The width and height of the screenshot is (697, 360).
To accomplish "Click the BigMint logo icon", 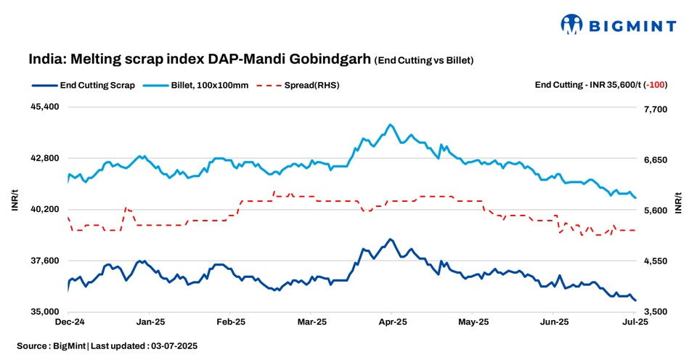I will [x=571, y=24].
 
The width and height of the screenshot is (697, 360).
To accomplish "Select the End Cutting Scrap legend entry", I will [x=83, y=85].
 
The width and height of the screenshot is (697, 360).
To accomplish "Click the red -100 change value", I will [x=658, y=85].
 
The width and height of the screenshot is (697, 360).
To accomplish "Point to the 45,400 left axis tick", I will [x=44, y=107].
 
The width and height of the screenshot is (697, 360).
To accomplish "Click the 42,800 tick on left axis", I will [x=44, y=158].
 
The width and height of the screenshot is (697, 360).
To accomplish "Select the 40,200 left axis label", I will [x=44, y=209].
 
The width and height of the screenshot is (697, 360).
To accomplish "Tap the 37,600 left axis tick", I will [x=44, y=261].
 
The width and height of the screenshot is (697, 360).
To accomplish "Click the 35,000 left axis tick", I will [x=44, y=312].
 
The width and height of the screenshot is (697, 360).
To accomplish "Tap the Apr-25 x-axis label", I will [x=393, y=321].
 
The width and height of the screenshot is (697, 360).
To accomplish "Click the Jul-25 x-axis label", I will [x=635, y=321].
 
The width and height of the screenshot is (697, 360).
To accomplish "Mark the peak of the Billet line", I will [x=391, y=125].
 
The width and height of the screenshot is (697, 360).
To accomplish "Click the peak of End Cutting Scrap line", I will [x=391, y=239].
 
